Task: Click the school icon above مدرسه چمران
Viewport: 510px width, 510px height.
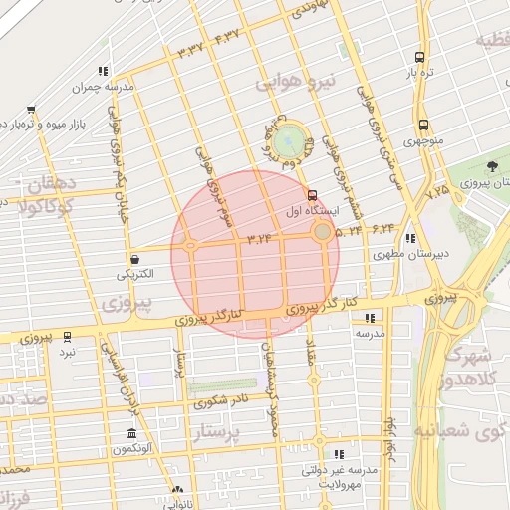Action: click(x=102, y=71)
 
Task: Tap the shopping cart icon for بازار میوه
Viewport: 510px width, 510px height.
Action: click(x=31, y=110)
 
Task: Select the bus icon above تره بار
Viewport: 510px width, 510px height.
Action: click(x=420, y=57)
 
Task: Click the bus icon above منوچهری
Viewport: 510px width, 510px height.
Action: click(x=424, y=126)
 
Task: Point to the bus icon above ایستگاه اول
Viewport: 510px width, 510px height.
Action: click(x=314, y=195)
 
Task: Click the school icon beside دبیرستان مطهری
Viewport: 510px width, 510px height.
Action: click(x=410, y=238)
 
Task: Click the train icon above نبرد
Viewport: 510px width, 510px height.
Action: click(x=67, y=337)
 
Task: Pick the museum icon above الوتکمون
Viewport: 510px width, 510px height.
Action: click(x=131, y=434)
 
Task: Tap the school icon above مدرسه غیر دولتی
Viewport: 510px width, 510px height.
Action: click(x=340, y=453)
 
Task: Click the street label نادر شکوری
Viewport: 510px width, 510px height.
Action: click(x=220, y=402)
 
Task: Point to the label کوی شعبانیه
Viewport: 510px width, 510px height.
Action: click(x=468, y=432)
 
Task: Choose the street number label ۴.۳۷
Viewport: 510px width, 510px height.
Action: click(x=227, y=36)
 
